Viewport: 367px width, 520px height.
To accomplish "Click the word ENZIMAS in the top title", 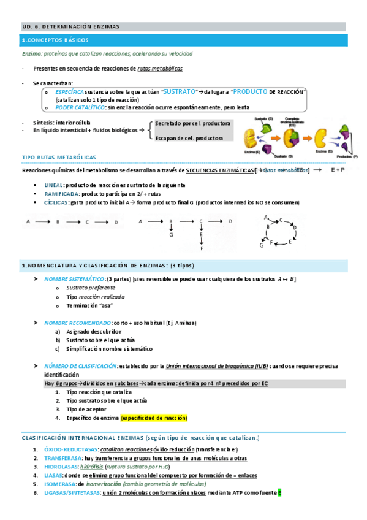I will (x=104, y=26).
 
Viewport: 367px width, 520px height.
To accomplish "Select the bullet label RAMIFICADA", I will (x=60, y=193).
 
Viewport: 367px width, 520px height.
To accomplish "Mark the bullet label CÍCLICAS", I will (x=56, y=202).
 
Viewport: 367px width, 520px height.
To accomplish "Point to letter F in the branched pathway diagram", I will (x=202, y=248).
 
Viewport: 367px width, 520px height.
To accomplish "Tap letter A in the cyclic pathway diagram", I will (x=267, y=217).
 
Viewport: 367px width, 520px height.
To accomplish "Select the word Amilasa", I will (x=196, y=323).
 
